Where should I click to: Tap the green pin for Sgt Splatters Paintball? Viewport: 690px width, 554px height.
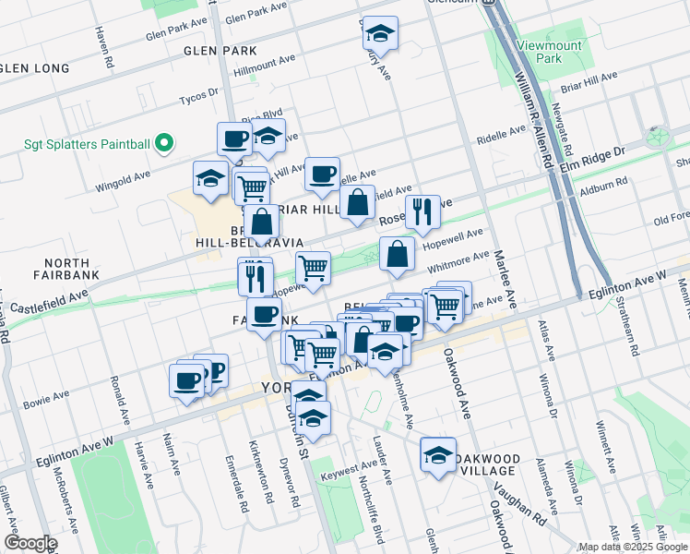(x=164, y=142)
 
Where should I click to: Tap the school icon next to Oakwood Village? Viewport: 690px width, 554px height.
(x=438, y=454)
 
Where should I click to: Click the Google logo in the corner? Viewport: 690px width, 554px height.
(x=30, y=543)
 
